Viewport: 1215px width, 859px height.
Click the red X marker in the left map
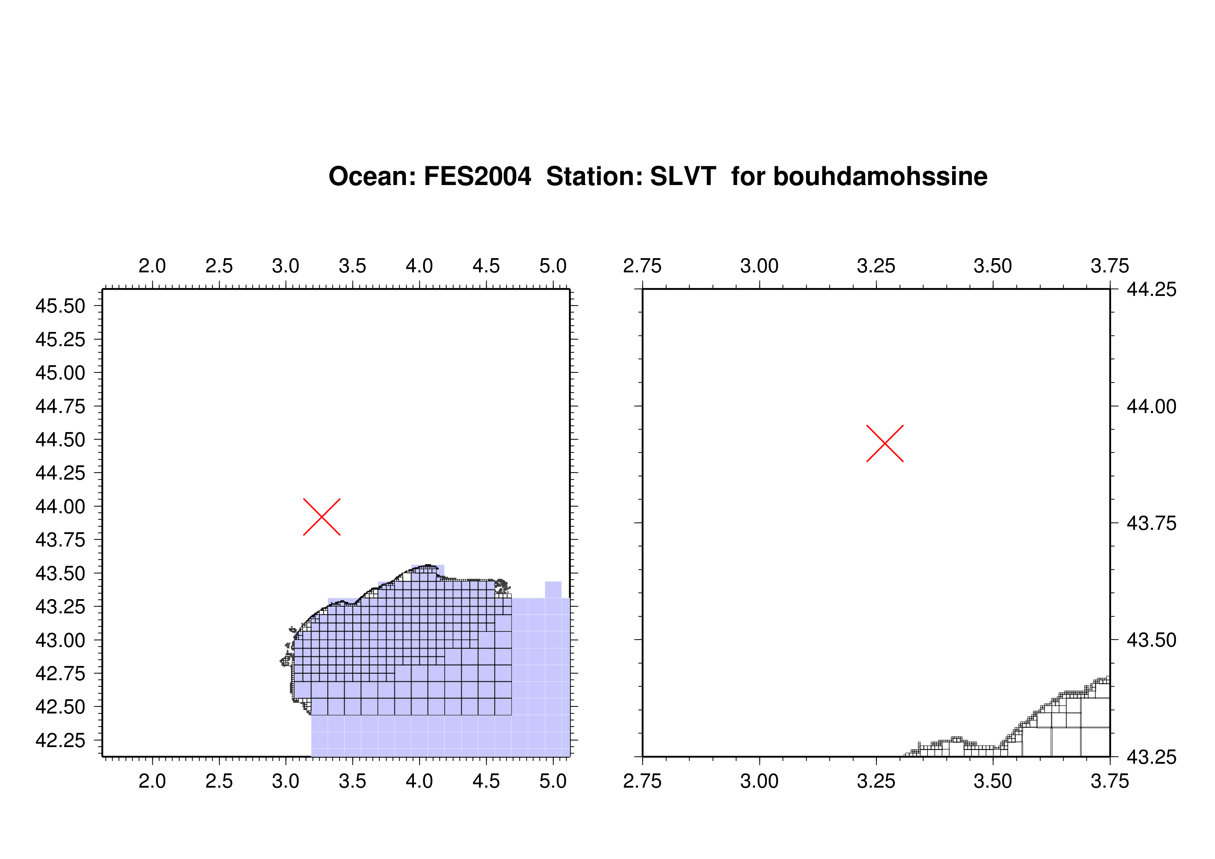(322, 517)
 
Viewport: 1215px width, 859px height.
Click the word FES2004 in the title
(477, 176)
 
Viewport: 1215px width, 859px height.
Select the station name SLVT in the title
(683, 176)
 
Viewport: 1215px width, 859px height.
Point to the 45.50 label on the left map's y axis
(60, 306)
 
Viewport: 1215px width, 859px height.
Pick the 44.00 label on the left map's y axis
(60, 507)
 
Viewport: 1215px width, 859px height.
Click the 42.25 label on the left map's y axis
(60, 740)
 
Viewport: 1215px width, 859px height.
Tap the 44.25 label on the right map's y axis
(1152, 289)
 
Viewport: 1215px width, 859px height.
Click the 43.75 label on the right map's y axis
(1152, 524)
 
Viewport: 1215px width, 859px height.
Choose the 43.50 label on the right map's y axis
(1152, 640)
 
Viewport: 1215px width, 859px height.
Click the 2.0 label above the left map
(152, 266)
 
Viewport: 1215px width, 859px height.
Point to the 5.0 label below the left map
(553, 781)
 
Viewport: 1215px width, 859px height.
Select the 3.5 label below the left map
(353, 781)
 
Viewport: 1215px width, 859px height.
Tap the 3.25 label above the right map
(876, 266)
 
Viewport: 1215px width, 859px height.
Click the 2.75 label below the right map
(642, 781)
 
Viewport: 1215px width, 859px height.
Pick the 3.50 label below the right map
(993, 781)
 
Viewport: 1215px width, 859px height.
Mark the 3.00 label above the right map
(759, 266)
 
